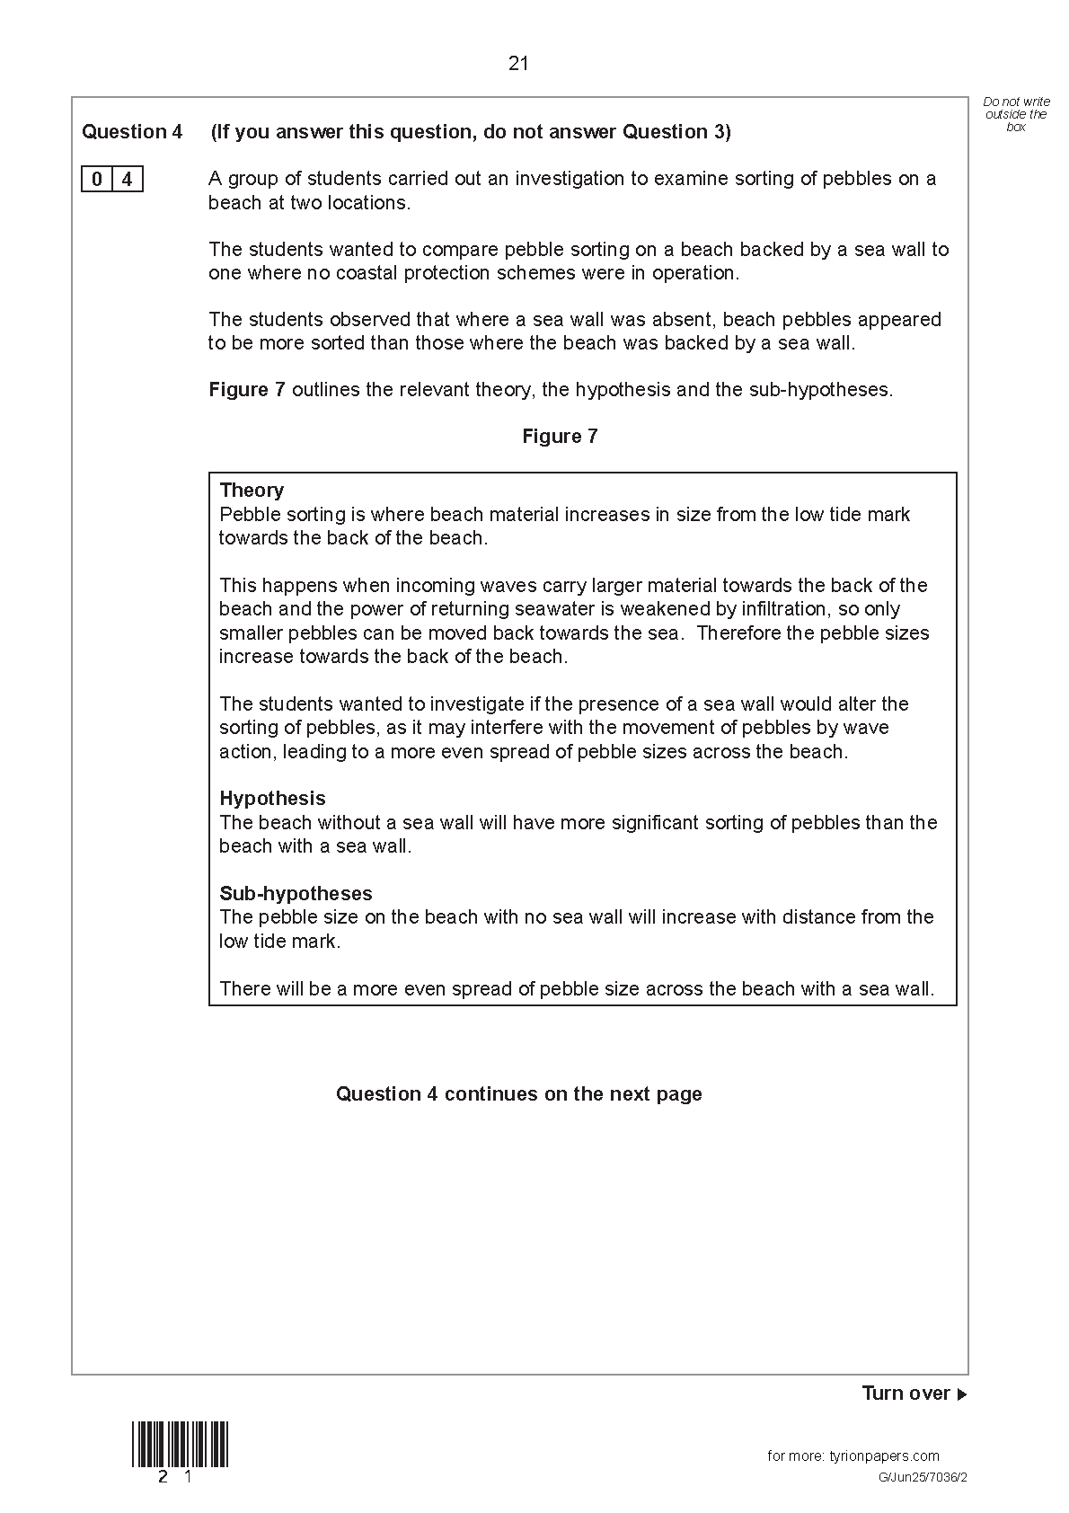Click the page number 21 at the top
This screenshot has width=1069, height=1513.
(518, 64)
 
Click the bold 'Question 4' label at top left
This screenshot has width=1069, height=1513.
(132, 132)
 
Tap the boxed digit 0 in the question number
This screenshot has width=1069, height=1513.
(97, 180)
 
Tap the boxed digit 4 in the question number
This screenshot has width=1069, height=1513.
(127, 180)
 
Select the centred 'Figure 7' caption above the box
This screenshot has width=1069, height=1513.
(560, 437)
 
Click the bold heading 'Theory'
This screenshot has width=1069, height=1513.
(252, 491)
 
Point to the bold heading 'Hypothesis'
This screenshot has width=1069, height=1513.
(272, 799)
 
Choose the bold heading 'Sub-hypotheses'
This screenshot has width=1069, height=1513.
(296, 894)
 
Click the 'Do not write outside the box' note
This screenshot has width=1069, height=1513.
(1016, 114)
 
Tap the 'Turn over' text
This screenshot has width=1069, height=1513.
(906, 1394)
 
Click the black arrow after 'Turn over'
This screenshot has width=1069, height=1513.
(961, 1395)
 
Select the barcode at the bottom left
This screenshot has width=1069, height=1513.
(181, 1444)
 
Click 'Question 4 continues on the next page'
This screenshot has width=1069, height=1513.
(518, 1094)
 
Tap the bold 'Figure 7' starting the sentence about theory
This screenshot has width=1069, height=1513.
(247, 390)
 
